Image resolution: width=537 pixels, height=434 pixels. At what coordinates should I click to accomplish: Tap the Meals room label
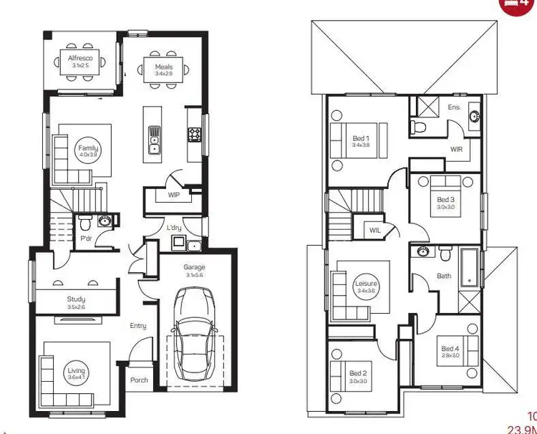click(x=164, y=68)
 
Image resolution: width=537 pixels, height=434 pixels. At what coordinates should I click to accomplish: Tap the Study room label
click(x=77, y=299)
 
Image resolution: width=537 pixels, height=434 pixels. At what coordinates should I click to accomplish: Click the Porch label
click(x=139, y=380)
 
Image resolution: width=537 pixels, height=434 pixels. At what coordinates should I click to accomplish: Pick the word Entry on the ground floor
click(x=138, y=326)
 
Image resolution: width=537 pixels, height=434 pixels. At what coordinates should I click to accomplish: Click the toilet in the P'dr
click(x=84, y=220)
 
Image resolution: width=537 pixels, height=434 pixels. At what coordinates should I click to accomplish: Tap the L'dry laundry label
click(x=174, y=228)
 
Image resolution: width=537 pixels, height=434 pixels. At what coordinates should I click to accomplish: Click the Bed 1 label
click(x=360, y=138)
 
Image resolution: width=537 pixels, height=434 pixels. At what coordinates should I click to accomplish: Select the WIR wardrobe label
click(x=456, y=150)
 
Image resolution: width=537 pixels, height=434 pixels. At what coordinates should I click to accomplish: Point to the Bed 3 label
click(x=445, y=200)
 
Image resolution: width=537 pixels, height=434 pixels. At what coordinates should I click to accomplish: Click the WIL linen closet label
click(x=375, y=231)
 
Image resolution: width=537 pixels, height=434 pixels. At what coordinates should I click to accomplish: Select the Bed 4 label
click(x=450, y=349)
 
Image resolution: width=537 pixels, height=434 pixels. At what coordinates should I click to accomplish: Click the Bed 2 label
click(x=359, y=373)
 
